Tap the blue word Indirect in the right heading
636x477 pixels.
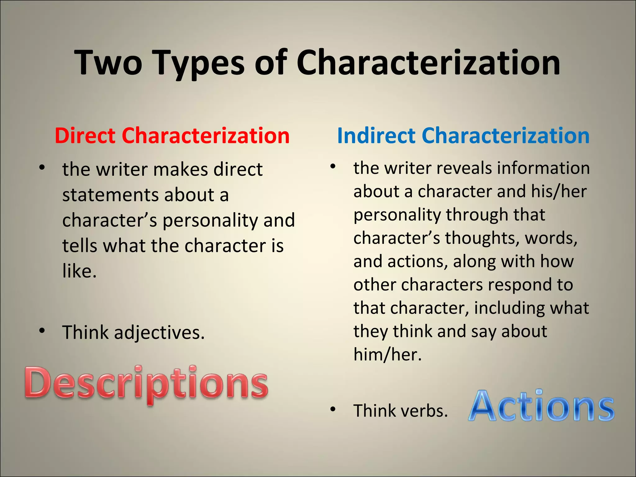click(376, 136)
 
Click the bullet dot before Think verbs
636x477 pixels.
click(333, 409)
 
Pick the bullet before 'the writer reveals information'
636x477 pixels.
click(333, 166)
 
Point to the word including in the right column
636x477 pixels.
click(509, 308)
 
